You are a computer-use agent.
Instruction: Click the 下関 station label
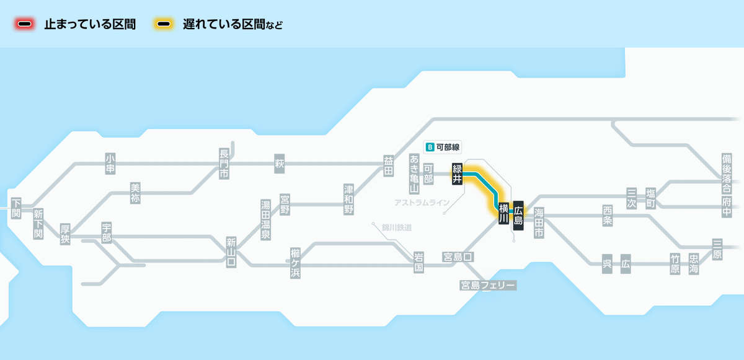[16, 209]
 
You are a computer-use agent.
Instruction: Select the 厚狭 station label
[65, 234]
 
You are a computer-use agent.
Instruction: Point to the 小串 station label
[110, 163]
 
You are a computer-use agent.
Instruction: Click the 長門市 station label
[224, 164]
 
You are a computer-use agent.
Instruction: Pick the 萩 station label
[279, 164]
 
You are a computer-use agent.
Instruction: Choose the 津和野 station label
[349, 198]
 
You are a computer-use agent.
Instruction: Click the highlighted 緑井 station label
[458, 173]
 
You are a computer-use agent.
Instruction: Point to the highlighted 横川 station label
[503, 213]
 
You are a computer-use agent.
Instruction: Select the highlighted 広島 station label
[518, 214]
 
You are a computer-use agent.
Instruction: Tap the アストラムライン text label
[422, 203]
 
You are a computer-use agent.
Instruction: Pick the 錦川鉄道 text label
[397, 227]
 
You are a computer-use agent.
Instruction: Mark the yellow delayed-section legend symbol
[164, 25]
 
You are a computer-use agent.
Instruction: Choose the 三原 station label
[717, 248]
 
